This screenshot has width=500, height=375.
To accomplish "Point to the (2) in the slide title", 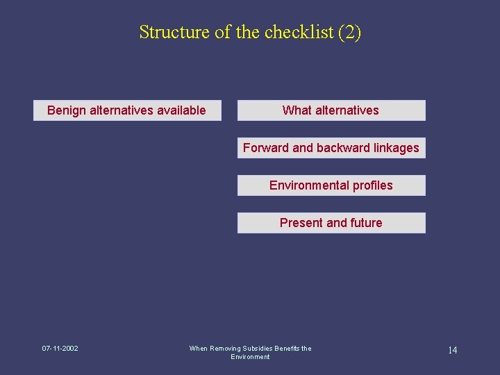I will [349, 32].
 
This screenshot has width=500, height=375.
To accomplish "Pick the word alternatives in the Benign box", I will [121, 110].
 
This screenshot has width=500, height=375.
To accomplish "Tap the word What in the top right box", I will [297, 110].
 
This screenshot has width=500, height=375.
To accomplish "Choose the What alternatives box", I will [331, 110].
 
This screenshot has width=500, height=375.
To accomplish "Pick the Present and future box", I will [331, 223].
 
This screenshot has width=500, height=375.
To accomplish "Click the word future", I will [366, 223].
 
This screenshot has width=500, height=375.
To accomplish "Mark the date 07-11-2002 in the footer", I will [60, 349].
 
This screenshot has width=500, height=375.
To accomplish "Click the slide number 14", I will [452, 350].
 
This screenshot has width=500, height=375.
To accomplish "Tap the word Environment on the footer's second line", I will [250, 357].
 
